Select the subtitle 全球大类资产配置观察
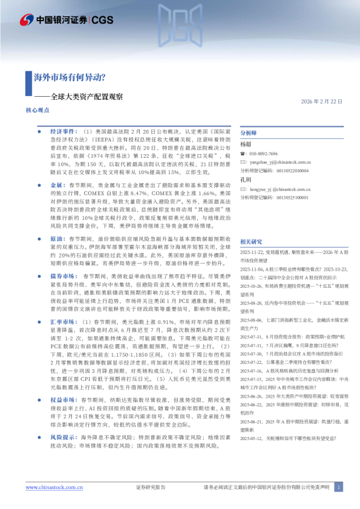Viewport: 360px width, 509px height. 86,97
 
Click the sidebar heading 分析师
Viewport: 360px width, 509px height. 249,133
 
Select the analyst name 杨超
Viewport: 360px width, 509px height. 245,144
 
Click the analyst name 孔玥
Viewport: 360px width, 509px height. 245,180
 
